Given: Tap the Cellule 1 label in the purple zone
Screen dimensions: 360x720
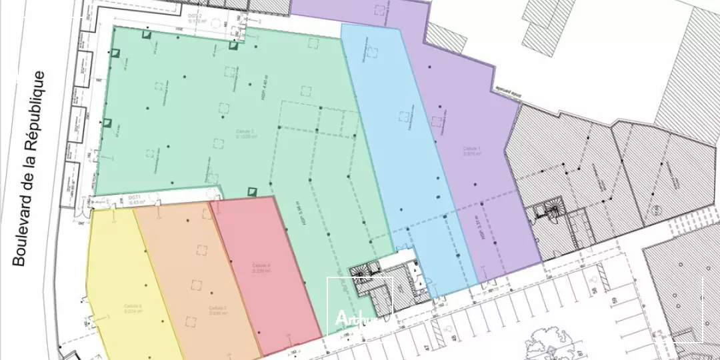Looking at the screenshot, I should (472, 151).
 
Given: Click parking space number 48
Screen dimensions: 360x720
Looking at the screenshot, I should (454, 339).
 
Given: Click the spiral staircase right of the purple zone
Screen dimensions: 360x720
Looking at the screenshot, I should (551, 214).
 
